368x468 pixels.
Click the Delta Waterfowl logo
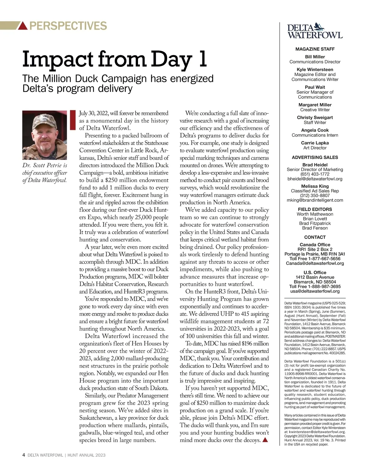(x=315, y=31)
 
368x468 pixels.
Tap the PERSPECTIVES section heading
(x=68, y=26)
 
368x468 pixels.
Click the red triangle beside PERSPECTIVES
(x=23, y=26)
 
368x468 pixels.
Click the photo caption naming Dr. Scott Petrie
(x=45, y=173)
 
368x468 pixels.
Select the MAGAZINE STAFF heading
(x=315, y=49)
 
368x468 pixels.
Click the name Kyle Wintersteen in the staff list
(x=315, y=70)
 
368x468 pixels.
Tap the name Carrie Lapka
(x=315, y=143)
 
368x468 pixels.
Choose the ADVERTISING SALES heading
(x=315, y=157)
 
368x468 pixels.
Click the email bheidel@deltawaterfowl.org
(x=315, y=179)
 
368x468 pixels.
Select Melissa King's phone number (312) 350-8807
(x=315, y=195)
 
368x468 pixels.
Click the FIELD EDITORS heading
(x=315, y=209)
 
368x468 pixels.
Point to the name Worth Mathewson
(x=315, y=214)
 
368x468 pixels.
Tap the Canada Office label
(x=315, y=245)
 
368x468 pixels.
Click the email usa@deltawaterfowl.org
(x=315, y=291)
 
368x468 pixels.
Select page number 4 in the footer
(x=24, y=455)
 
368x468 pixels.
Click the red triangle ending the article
(x=266, y=440)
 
